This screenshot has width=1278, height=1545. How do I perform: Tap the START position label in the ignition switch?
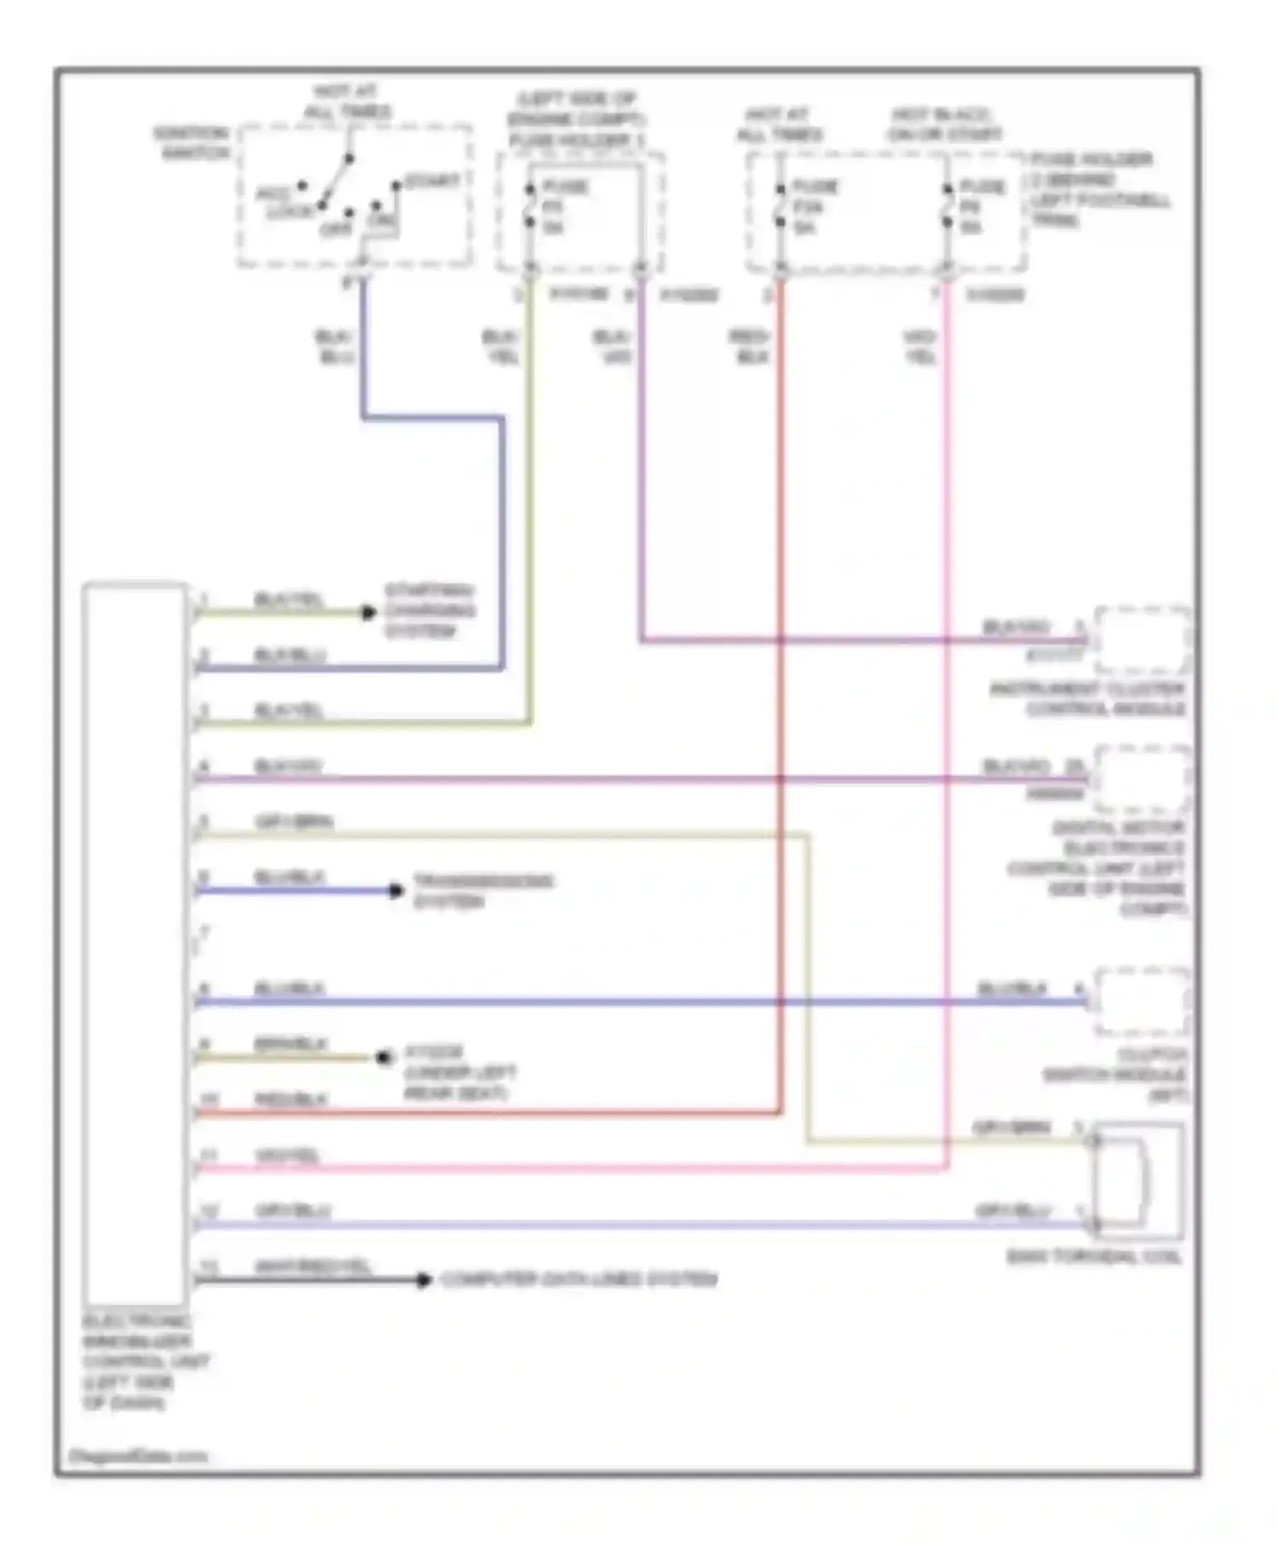click(432, 181)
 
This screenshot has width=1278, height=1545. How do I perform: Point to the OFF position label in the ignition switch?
click(336, 230)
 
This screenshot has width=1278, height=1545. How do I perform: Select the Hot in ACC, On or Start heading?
click(944, 124)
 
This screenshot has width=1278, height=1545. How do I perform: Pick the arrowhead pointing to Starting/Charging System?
click(369, 612)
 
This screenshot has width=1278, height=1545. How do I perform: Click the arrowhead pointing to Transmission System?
click(396, 891)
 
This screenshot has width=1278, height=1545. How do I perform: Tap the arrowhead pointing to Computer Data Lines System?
click(423, 1279)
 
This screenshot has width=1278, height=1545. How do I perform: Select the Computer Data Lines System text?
click(579, 1279)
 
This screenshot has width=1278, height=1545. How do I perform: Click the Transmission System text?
click(483, 891)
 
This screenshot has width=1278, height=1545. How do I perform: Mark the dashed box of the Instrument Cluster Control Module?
click(1142, 640)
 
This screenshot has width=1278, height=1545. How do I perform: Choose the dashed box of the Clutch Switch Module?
click(1142, 1001)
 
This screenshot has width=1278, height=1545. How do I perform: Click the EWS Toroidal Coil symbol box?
click(1137, 1181)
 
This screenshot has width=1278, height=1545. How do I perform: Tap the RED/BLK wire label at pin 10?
click(291, 1100)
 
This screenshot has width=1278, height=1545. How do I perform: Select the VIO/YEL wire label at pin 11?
click(287, 1156)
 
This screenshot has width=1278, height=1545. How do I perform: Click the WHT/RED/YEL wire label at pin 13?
click(313, 1266)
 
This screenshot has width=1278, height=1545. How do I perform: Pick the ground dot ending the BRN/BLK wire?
click(383, 1058)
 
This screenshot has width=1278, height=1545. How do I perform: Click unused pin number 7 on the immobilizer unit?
click(204, 933)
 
